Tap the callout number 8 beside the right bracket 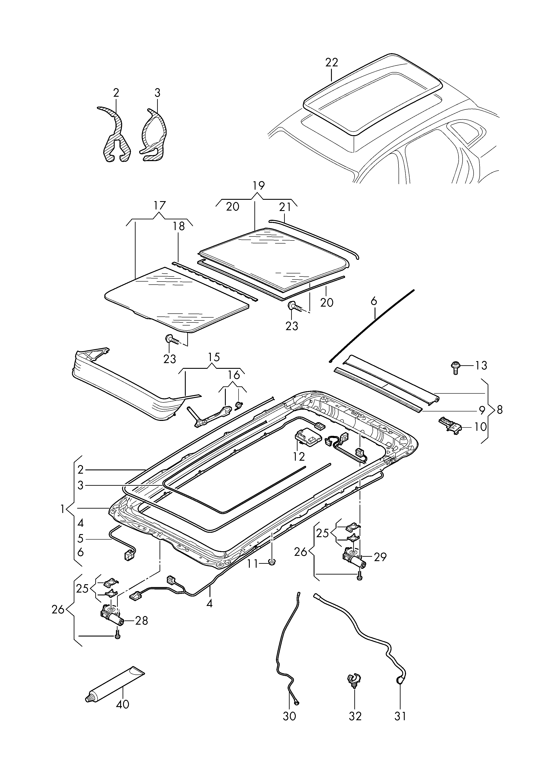click(500, 410)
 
